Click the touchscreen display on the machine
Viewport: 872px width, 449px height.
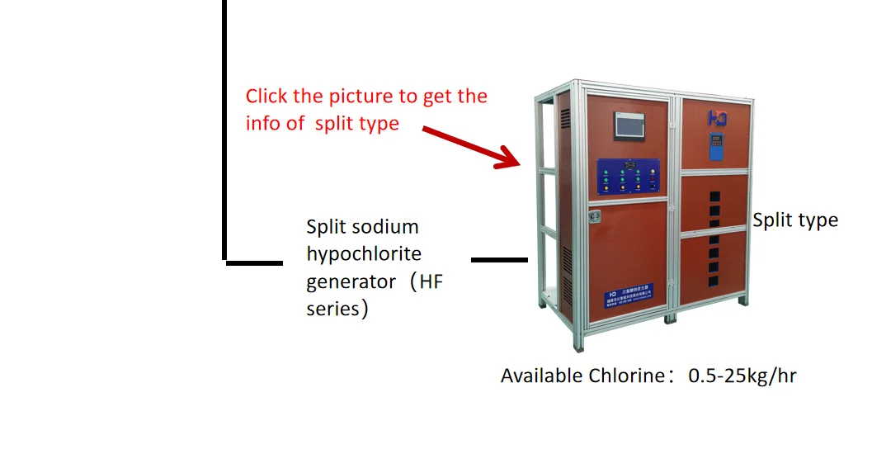(x=631, y=125)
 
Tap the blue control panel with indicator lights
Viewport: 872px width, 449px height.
(x=630, y=177)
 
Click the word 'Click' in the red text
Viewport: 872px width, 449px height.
(x=266, y=97)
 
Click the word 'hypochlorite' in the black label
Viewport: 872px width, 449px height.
(x=364, y=253)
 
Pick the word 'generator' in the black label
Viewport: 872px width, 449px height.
(x=351, y=281)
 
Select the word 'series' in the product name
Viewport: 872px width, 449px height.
(x=332, y=310)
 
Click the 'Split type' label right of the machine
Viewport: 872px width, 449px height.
(x=794, y=220)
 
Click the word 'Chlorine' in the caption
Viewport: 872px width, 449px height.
(x=625, y=376)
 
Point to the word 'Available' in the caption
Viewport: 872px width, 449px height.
(x=541, y=376)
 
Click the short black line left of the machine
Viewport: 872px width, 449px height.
(x=498, y=260)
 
